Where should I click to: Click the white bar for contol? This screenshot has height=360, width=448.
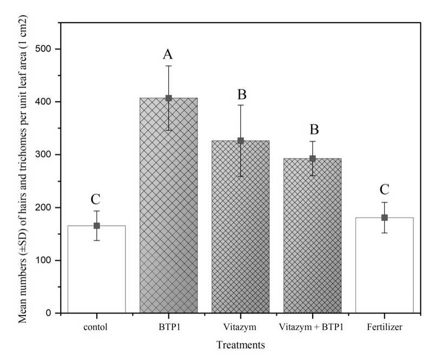pos(97,271)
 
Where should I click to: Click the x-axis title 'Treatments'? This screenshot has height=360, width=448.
pos(241,344)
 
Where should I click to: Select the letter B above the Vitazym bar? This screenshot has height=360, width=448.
pos(241,94)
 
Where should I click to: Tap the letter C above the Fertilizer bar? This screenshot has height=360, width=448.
pos(384,189)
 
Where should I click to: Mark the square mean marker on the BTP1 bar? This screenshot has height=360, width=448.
pos(168,98)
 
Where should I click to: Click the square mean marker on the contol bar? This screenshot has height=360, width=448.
pos(97,226)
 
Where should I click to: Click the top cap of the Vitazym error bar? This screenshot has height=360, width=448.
pos(241,105)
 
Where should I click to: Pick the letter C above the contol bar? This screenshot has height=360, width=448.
pos(96,199)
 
